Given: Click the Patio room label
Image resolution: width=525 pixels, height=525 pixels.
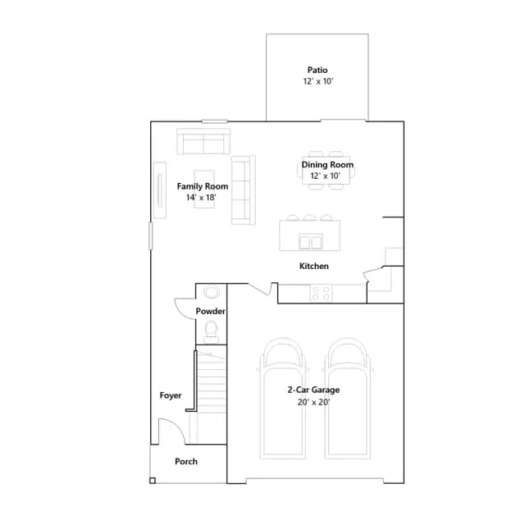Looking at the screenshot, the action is pos(317,70).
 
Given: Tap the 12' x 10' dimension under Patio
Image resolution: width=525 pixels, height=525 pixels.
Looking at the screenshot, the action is pos(318,81).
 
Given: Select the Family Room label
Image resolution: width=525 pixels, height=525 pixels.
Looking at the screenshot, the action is pos(203,186).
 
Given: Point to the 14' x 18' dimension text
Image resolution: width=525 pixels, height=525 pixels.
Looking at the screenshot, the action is pos(201,198).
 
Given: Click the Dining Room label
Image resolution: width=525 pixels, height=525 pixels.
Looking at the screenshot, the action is pos(327,165).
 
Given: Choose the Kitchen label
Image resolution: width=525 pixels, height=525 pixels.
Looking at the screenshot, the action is pos(314,266).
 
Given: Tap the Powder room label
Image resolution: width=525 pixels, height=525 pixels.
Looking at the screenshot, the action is pos(210,311).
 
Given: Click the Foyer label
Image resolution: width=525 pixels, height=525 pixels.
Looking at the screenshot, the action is pos(171,395).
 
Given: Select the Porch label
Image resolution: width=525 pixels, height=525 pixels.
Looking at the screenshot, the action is pos(186,461).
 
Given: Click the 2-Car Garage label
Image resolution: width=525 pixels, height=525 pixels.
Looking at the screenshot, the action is pos(313,390).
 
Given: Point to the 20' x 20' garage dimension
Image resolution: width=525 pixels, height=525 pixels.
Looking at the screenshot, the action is pos(313,402).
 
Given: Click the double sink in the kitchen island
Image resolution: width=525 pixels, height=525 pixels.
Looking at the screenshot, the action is pos(311,241).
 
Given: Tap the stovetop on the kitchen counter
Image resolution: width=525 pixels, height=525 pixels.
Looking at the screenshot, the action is pos(321,293).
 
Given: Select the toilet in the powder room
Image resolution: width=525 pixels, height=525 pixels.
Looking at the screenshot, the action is pos(212,331).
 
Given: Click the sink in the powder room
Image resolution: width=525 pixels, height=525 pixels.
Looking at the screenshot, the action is pos(212,292).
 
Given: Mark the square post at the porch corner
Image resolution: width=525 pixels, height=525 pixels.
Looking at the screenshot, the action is pos(153,481).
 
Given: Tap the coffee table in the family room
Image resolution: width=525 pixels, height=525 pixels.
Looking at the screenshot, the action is pos(204,189).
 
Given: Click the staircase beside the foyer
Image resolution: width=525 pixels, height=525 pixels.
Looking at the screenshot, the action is pos(212,395).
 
